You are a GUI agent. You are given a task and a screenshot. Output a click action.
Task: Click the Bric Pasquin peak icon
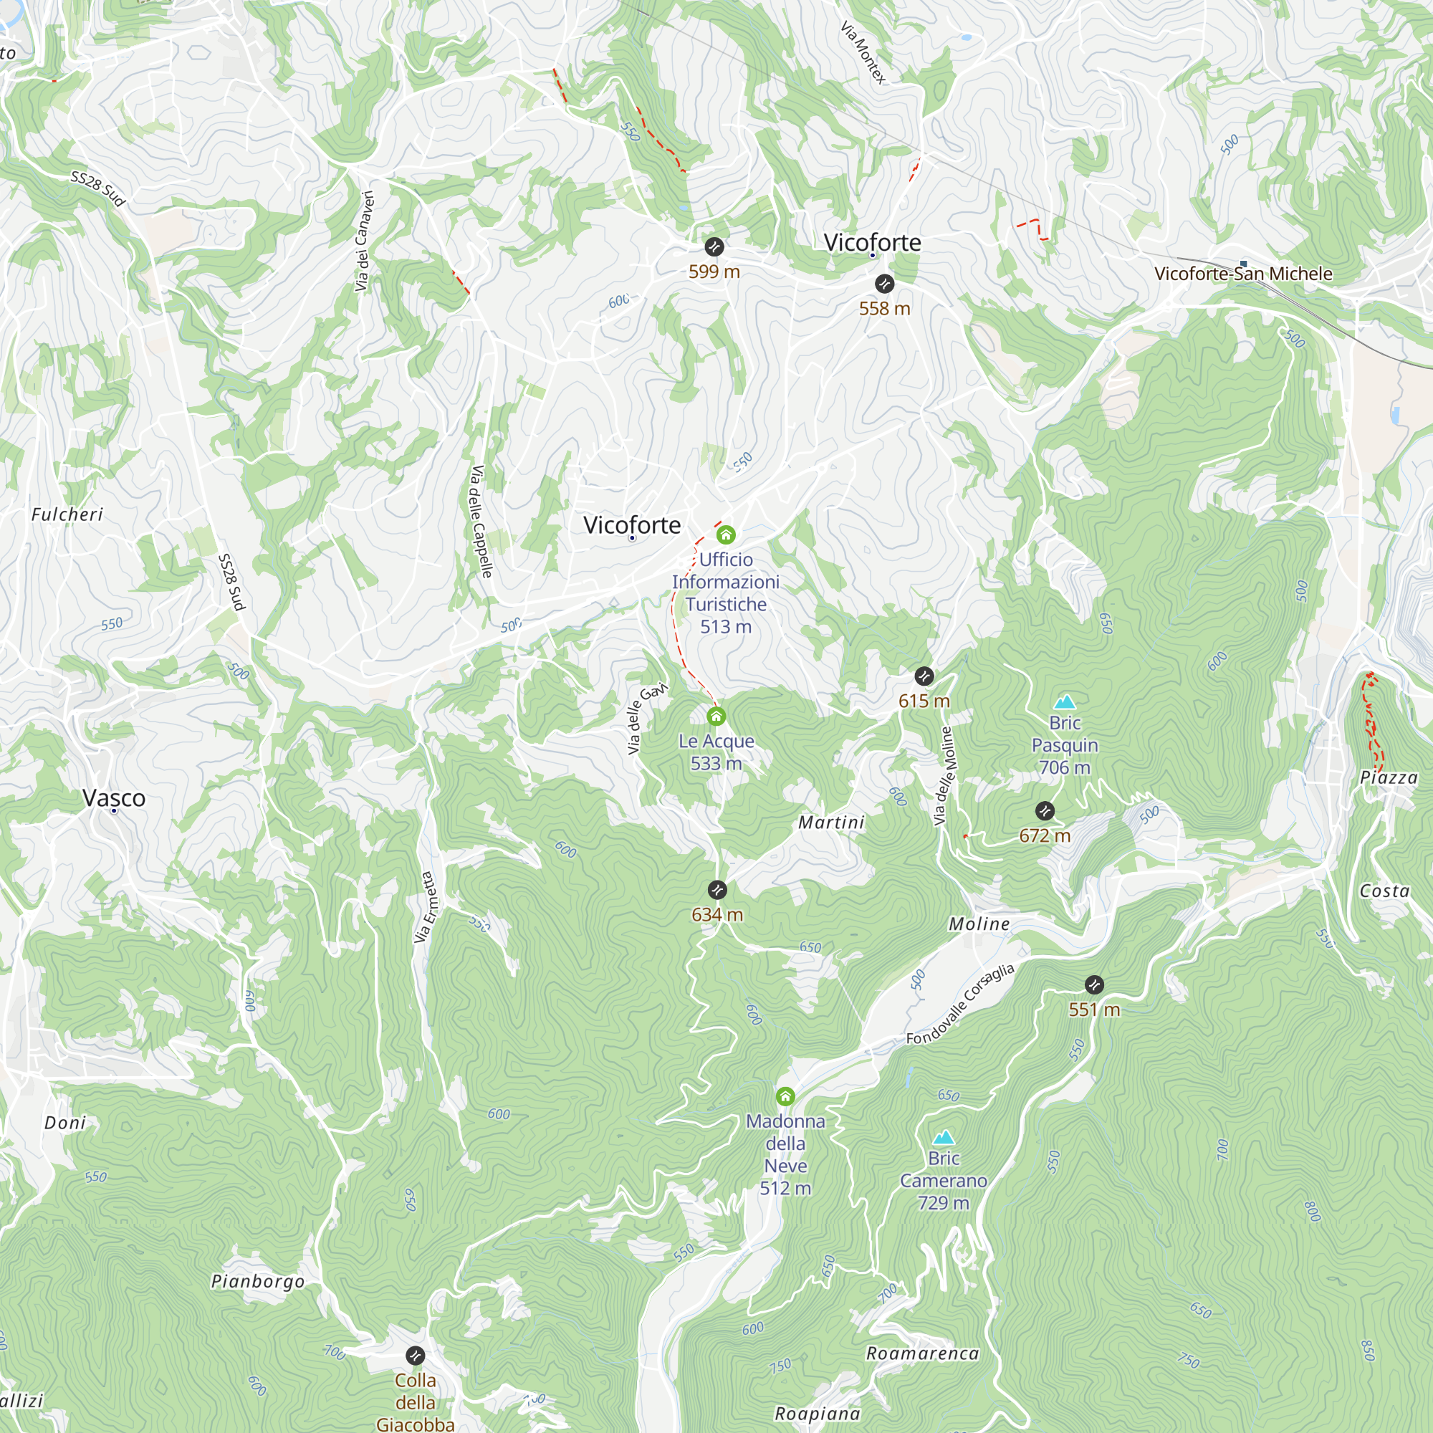(x=1065, y=701)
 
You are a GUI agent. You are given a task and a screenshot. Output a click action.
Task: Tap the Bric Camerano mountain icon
(x=943, y=1137)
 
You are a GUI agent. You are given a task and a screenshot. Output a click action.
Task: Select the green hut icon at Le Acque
(x=716, y=716)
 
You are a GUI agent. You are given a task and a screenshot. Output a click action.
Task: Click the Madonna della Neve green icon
(x=785, y=1096)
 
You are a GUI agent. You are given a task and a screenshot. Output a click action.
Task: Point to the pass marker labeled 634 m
(x=717, y=890)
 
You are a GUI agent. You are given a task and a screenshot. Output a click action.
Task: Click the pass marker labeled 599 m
(x=714, y=247)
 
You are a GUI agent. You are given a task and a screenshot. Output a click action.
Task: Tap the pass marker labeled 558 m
(x=884, y=283)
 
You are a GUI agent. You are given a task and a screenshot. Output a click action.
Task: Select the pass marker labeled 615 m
(x=924, y=676)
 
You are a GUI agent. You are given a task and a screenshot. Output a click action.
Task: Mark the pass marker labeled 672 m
(x=1045, y=810)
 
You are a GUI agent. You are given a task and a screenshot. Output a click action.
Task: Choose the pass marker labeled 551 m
(x=1094, y=985)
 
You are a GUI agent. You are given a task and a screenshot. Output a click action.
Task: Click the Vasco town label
(x=114, y=798)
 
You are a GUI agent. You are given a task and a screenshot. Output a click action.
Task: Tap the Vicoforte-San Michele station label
(x=1243, y=274)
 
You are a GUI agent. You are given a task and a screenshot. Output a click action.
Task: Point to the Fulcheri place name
(x=67, y=514)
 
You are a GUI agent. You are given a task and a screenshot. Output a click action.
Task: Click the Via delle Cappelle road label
(x=481, y=522)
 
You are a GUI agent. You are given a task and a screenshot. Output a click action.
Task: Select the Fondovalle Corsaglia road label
(x=960, y=1005)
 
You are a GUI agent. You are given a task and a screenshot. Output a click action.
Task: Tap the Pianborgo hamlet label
(x=257, y=1282)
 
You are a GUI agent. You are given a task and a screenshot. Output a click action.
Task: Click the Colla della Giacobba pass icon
(x=416, y=1356)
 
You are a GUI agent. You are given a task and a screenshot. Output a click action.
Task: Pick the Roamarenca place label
(x=922, y=1353)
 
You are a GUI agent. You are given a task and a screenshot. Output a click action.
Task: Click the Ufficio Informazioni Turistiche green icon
(x=725, y=535)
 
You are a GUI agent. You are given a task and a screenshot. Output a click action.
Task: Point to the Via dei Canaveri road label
(x=363, y=241)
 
